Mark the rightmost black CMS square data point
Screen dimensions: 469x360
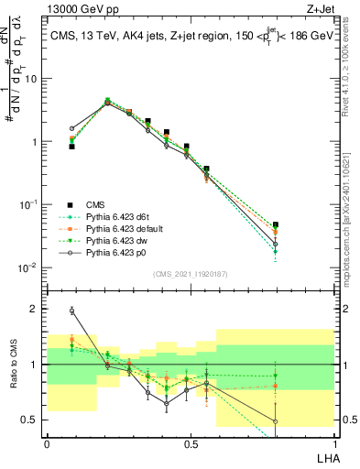[x=276, y=224]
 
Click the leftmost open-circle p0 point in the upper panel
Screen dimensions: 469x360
[x=72, y=129]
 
